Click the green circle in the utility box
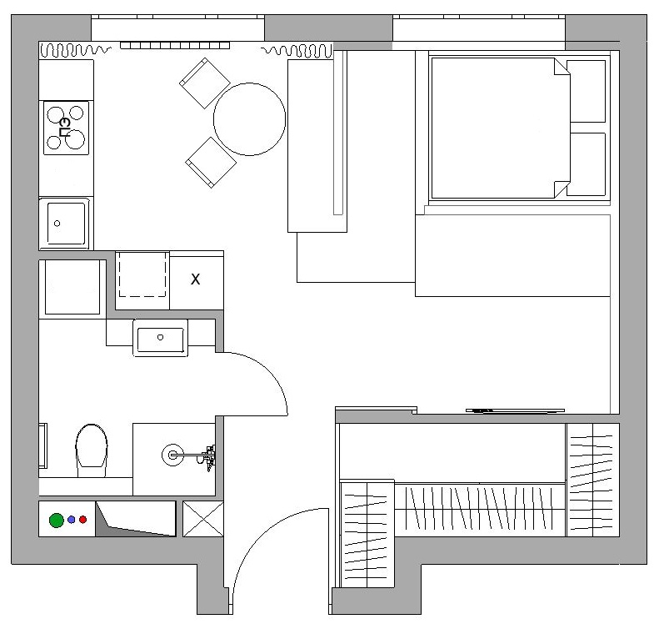coord(57,521)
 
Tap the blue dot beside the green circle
coord(72,520)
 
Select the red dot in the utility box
coord(82,520)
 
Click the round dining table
coord(250,119)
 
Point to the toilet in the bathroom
coord(91,450)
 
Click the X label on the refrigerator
coord(196,279)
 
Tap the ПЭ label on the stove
coord(65,128)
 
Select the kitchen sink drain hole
coord(57,224)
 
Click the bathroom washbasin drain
coord(160,337)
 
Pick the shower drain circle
coord(172,455)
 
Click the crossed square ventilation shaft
coord(203,519)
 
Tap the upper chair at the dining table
coord(205,83)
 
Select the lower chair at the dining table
coord(211,163)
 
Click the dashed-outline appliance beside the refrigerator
coord(142,274)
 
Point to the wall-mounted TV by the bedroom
coord(515,410)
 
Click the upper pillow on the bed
coord(586,91)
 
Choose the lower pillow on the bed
coord(586,164)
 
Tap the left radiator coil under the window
coord(75,50)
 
